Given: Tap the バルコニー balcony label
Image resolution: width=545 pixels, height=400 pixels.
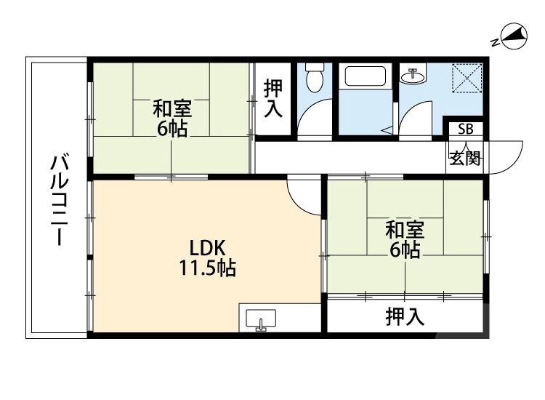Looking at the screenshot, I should (59, 200).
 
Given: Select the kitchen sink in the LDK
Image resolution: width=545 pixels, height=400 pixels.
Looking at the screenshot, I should (262, 320).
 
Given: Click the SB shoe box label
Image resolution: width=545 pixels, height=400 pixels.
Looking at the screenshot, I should (464, 130).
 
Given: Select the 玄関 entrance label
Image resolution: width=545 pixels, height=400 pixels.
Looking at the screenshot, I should (464, 158).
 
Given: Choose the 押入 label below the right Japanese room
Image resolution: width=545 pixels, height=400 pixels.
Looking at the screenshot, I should (405, 317).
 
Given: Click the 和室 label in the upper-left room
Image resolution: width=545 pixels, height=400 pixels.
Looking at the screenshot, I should (172, 110).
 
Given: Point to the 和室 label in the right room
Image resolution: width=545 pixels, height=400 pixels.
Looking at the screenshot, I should (405, 231).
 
